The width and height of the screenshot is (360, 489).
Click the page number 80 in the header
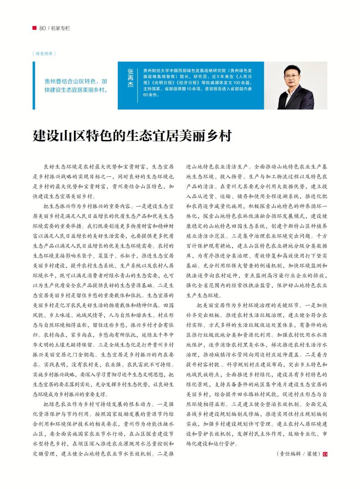[42, 28]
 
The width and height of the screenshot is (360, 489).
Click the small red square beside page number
[35, 28]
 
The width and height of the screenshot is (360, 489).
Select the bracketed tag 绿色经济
[44, 53]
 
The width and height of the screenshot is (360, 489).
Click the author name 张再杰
[130, 78]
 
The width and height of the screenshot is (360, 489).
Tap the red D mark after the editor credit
[325, 454]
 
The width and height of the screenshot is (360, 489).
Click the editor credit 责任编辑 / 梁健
[298, 454]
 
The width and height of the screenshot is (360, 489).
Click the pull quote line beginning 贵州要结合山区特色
[76, 82]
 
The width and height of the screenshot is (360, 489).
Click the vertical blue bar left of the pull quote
[34, 85]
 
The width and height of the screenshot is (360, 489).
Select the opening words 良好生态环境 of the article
[60, 167]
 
